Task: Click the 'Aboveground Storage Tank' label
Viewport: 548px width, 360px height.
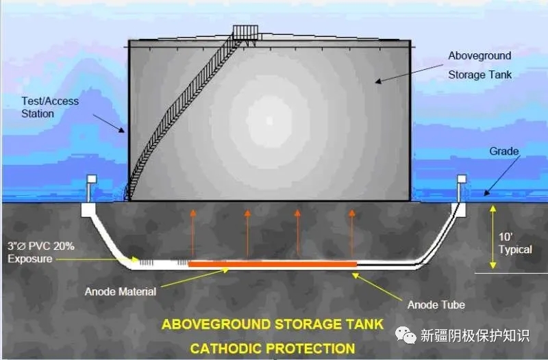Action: click(480, 64)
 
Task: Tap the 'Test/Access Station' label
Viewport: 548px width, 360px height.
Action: click(49, 107)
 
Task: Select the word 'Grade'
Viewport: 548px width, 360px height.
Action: click(504, 151)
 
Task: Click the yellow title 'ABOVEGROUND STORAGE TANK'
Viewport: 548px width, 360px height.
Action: click(273, 324)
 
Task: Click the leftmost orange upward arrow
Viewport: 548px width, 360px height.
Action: click(192, 233)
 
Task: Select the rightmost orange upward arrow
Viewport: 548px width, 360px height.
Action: click(352, 233)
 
